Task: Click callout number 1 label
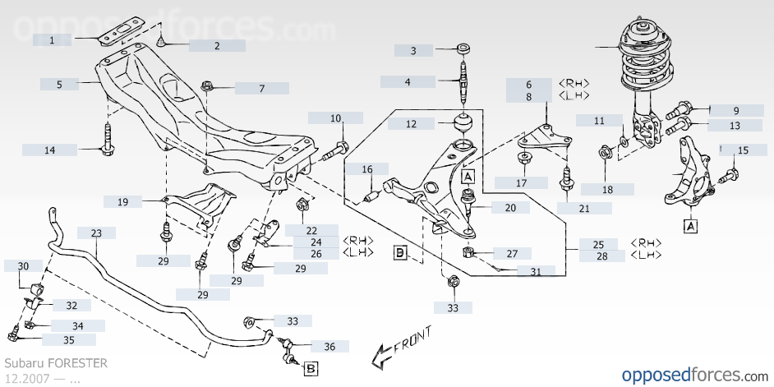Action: pos(52,40)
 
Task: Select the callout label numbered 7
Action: pos(261,89)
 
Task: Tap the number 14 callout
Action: pos(50,150)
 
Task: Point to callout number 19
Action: pos(123,201)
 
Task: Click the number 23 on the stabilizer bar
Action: pos(96,233)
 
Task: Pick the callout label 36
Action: pos(329,346)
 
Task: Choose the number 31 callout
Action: pos(536,270)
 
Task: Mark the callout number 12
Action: pos(411,124)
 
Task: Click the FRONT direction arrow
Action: pos(401,347)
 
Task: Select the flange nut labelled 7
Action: pos(207,87)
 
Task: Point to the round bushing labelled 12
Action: pos(464,122)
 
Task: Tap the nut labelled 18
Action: pos(606,153)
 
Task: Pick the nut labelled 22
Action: pos(302,204)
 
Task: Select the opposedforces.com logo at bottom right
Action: pos(694,375)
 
